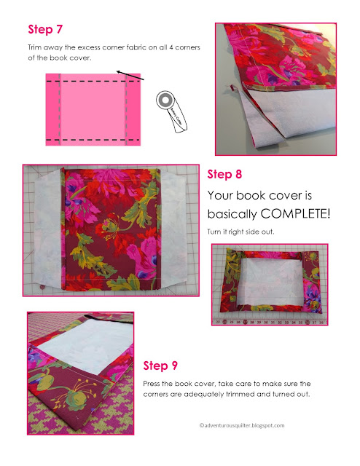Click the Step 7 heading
pos(45,29)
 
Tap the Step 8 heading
pos(224,174)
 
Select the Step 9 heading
pos(160,366)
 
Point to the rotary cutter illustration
pos(172,111)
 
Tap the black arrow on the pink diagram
pos(130,75)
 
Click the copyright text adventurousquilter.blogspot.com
pos(242,425)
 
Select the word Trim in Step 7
pos(35,47)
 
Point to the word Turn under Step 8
pos(214,232)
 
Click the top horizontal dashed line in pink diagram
pos(93,81)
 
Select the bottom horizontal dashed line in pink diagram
pos(93,139)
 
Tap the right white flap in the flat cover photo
pos(173,229)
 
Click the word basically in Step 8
pos(232,214)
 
